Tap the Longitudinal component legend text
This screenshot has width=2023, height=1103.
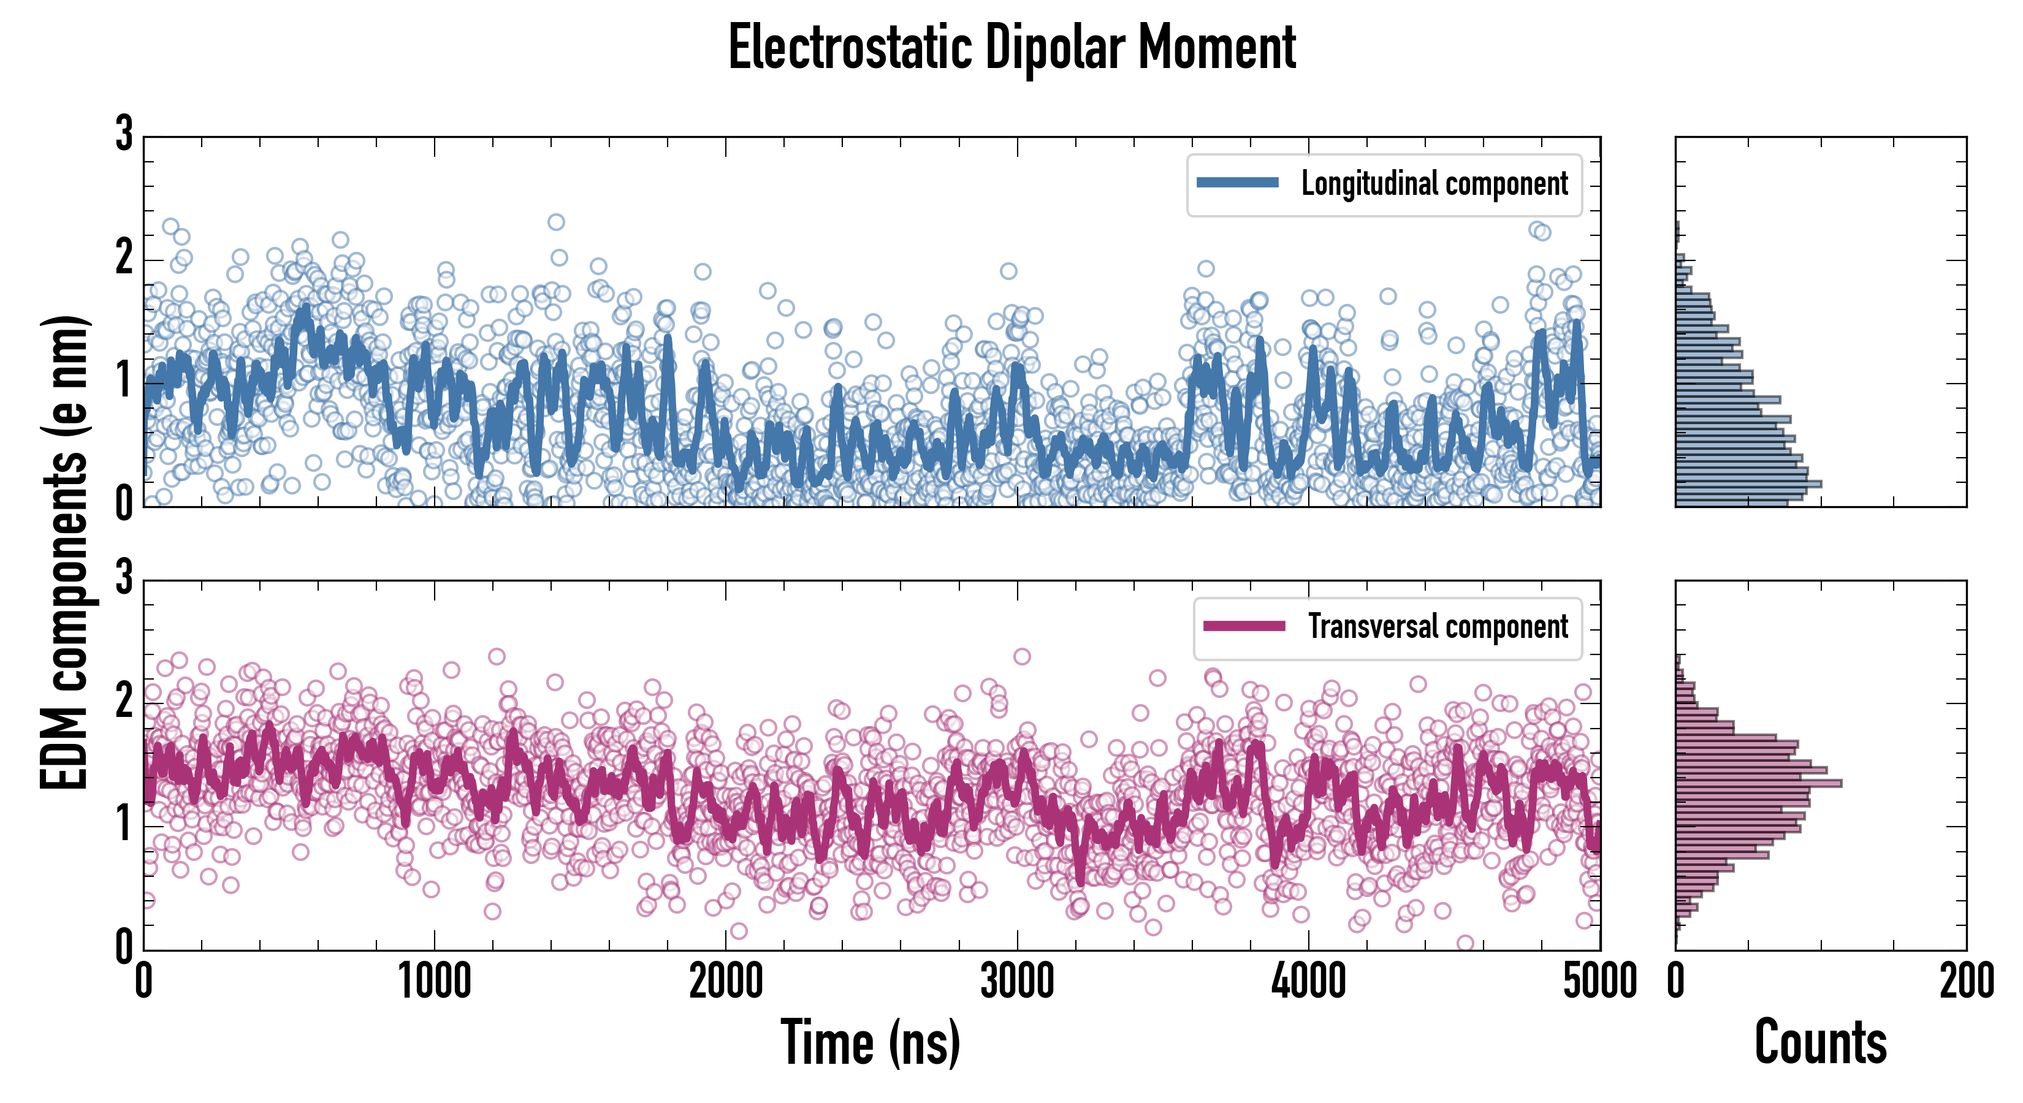click(x=1434, y=184)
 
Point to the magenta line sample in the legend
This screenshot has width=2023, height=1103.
click(x=1244, y=626)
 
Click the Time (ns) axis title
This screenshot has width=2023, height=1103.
click(x=870, y=1042)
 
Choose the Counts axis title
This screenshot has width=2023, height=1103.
click(x=1820, y=1042)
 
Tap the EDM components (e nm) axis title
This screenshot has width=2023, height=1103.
click(x=64, y=553)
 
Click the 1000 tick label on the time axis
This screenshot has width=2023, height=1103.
click(x=434, y=981)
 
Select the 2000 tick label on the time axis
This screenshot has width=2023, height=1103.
click(x=726, y=981)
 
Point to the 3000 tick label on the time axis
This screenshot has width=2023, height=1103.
click(x=1017, y=981)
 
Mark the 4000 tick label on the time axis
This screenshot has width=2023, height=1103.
click(x=1308, y=981)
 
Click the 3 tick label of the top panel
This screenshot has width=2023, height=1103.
click(x=124, y=134)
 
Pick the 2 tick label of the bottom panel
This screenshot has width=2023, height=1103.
click(x=124, y=701)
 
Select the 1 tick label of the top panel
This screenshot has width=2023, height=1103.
click(x=124, y=382)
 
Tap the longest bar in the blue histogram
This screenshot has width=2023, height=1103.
click(x=1748, y=483)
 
